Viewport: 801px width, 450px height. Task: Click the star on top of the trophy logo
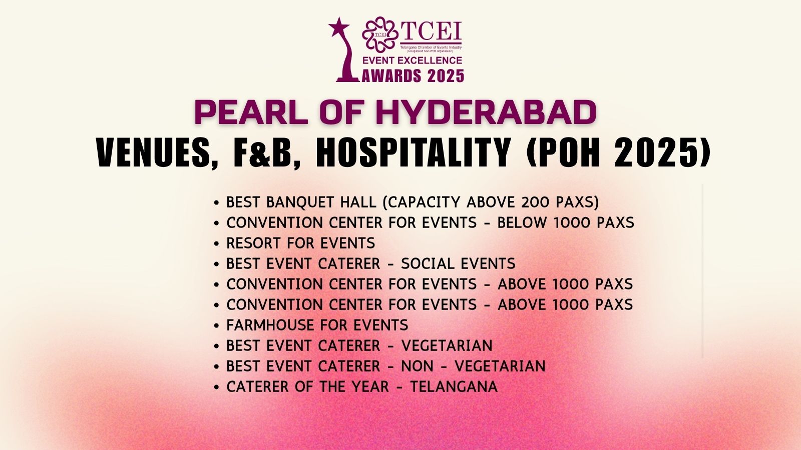[338, 27]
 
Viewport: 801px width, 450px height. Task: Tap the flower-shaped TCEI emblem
[380, 34]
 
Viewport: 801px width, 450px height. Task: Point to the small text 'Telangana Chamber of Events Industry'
[431, 47]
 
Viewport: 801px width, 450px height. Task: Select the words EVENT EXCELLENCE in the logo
[413, 60]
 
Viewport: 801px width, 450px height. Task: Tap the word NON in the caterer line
[418, 366]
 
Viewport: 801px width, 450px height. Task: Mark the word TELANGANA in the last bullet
[454, 387]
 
